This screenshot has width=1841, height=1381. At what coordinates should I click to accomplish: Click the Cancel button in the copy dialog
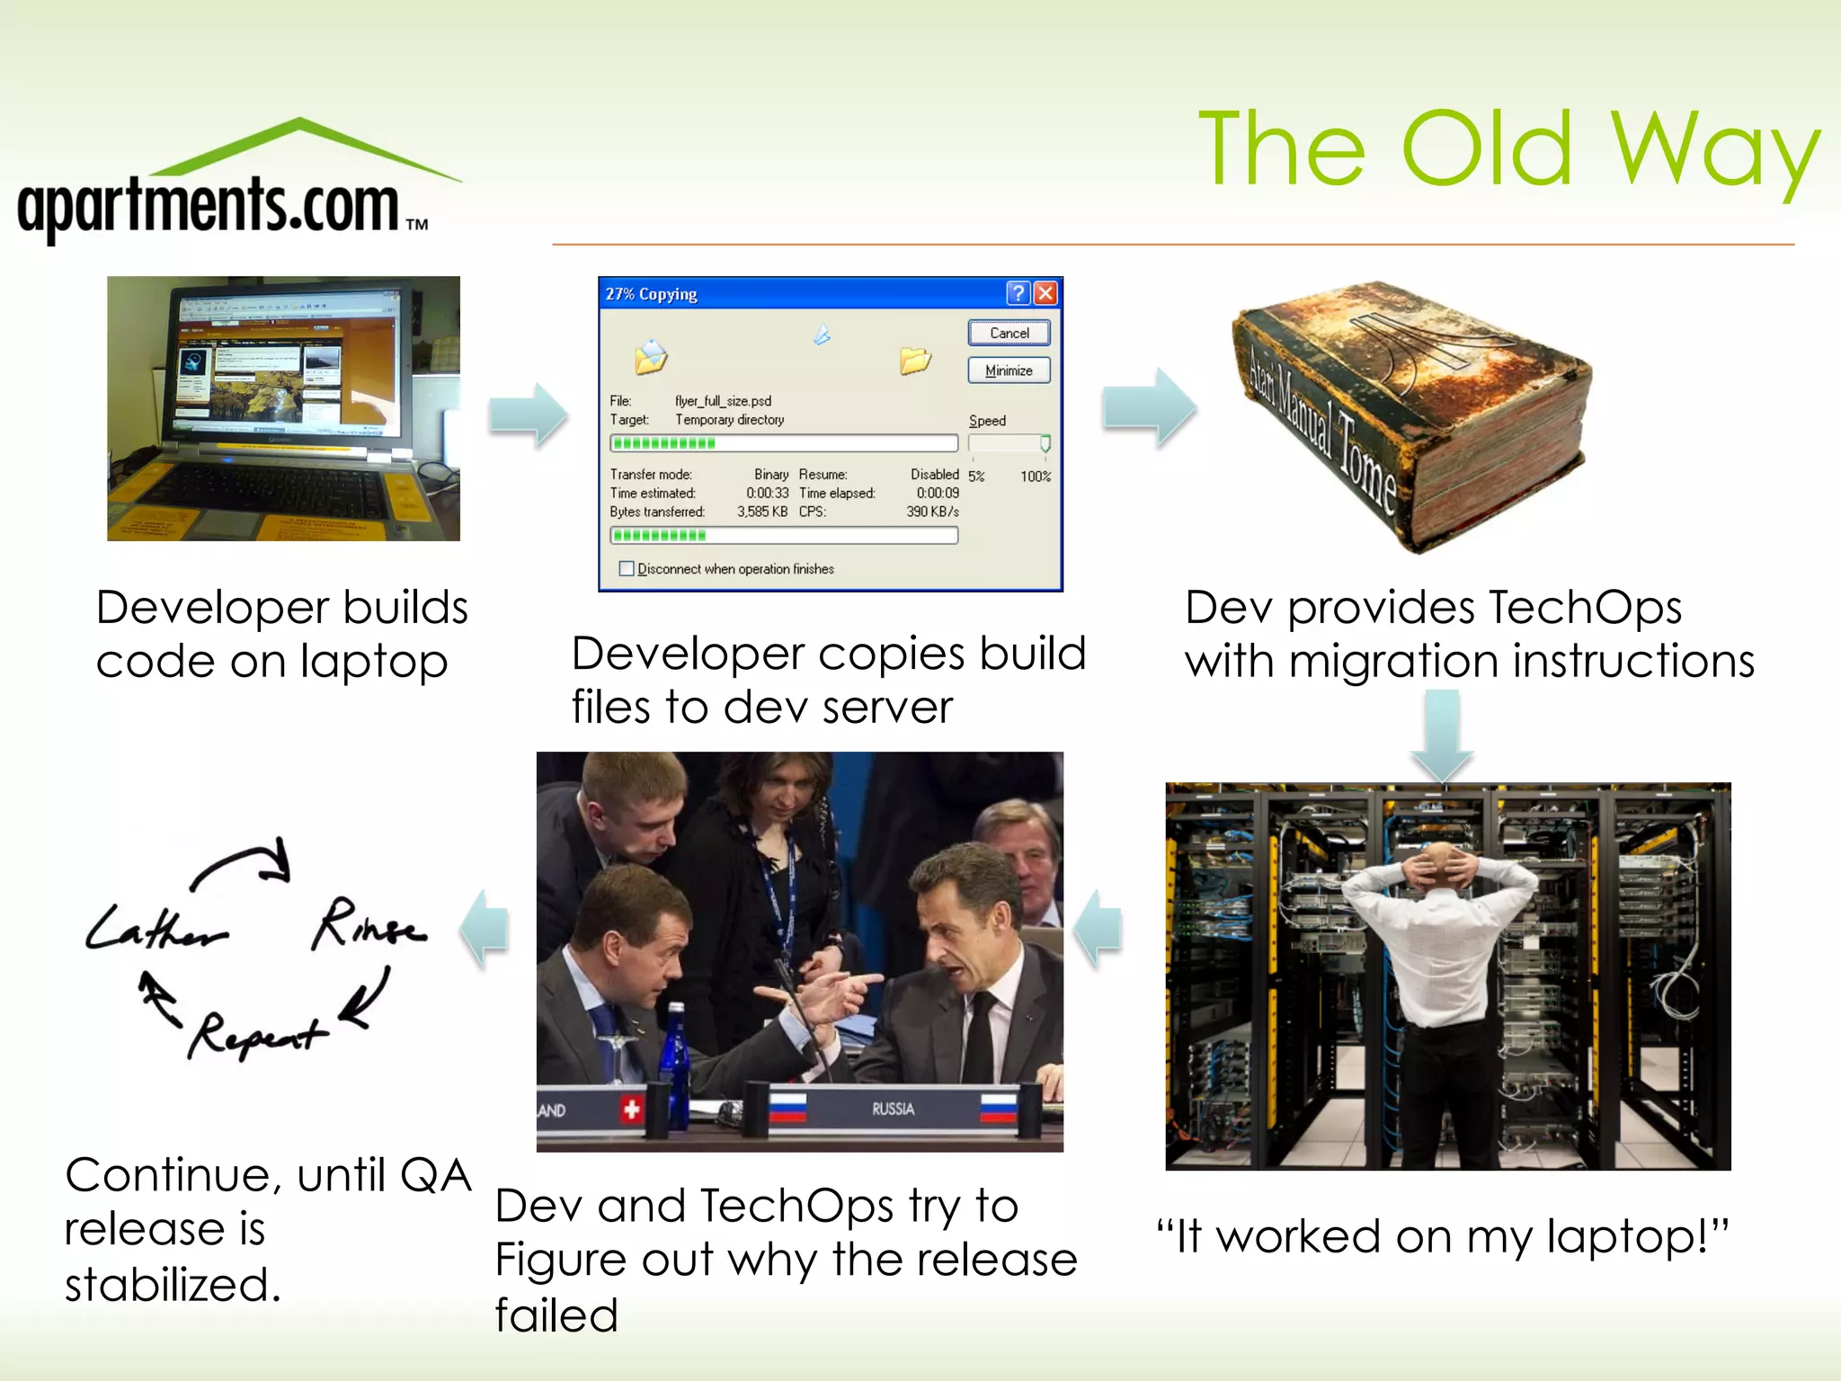pos(1009,333)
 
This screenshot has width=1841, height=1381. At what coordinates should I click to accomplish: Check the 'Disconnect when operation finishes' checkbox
pos(627,568)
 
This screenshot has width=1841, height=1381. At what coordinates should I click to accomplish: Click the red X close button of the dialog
pos(1045,293)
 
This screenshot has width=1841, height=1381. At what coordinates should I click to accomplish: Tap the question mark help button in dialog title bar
pos(1018,293)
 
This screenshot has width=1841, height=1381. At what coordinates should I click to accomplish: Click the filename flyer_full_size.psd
pos(723,401)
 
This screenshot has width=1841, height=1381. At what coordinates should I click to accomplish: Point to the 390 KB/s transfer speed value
pos(932,512)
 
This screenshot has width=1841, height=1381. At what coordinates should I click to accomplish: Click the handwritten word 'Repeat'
pos(256,1036)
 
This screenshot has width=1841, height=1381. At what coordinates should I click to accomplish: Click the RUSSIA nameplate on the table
pos(893,1109)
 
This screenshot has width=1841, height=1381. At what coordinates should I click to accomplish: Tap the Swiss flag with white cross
pos(632,1109)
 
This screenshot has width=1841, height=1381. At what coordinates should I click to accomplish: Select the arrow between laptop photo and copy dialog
pos(528,415)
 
